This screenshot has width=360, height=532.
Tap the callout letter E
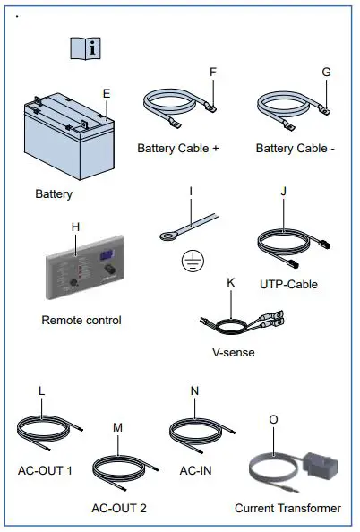coord(107,92)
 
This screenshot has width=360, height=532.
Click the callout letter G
coord(325,72)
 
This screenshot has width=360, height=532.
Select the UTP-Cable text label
coord(287,285)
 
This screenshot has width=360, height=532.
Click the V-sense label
coord(232,352)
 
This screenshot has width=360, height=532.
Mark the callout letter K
coord(231,282)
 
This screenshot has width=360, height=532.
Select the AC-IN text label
coord(195,470)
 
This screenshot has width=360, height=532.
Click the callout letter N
coord(195,391)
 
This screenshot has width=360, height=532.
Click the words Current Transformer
coord(287,508)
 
